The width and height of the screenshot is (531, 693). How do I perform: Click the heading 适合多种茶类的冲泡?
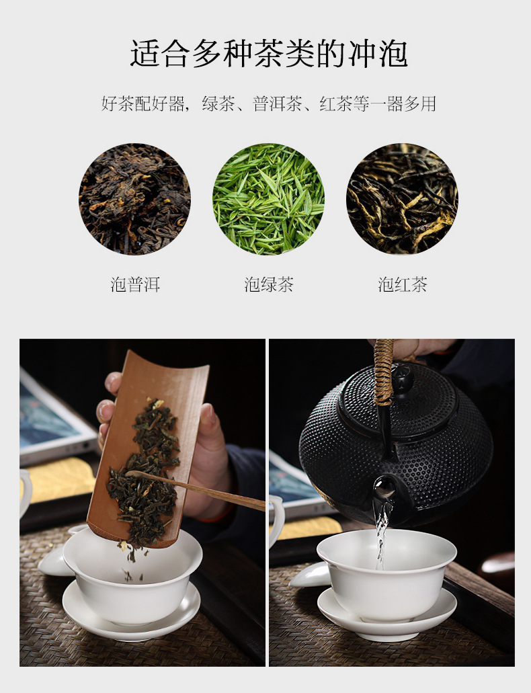pyautogui.click(x=268, y=54)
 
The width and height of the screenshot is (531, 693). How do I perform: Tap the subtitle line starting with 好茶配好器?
pyautogui.click(x=268, y=104)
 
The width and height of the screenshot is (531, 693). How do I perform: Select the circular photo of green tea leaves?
pyautogui.click(x=268, y=199)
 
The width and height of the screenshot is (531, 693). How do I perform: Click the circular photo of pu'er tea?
pyautogui.click(x=135, y=199)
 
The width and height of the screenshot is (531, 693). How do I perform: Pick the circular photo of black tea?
pyautogui.click(x=403, y=199)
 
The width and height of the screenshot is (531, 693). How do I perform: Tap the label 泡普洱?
pyautogui.click(x=135, y=284)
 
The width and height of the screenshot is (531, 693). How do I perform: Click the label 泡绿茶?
pyautogui.click(x=269, y=284)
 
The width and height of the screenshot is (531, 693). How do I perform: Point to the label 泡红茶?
pyautogui.click(x=403, y=284)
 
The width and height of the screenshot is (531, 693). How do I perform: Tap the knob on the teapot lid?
pyautogui.click(x=403, y=378)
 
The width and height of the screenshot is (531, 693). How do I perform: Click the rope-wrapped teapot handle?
pyautogui.click(x=384, y=371)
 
